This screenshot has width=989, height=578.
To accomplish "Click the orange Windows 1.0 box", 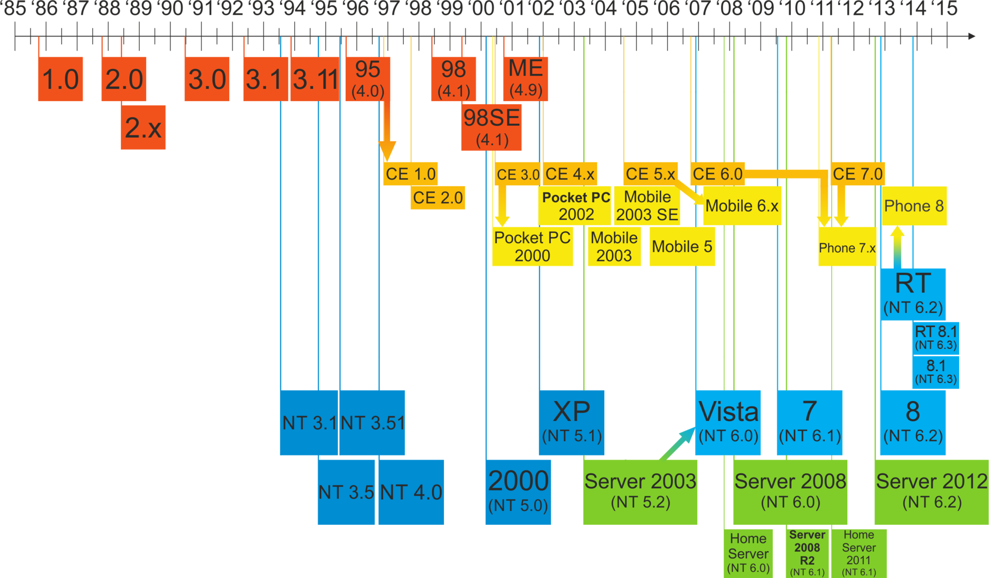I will [x=60, y=79].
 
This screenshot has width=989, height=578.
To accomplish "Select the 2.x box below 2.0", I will [x=143, y=127].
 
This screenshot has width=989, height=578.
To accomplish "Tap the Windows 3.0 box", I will [x=207, y=79].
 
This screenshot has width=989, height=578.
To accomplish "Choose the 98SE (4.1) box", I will [x=491, y=127].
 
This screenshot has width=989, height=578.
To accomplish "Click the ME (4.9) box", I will [x=525, y=78].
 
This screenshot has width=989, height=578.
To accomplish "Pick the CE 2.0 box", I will [x=438, y=197].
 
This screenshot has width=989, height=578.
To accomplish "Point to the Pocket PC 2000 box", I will [x=532, y=246].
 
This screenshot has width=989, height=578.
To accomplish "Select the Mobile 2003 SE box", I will [x=647, y=205].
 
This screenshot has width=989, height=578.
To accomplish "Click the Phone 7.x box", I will [x=847, y=247].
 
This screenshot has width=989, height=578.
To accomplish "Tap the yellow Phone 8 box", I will [x=914, y=206].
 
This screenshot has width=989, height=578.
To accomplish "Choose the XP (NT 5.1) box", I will [x=571, y=422].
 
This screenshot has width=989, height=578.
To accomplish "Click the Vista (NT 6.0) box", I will [x=728, y=422].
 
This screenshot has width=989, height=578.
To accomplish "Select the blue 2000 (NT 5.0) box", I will [x=518, y=491].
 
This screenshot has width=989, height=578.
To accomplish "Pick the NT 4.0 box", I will [x=411, y=492].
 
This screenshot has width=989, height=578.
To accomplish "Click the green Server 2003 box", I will [x=640, y=491].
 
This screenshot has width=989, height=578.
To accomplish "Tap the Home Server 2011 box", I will [x=859, y=553].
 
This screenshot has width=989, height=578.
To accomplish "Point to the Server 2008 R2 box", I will [x=807, y=553].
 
